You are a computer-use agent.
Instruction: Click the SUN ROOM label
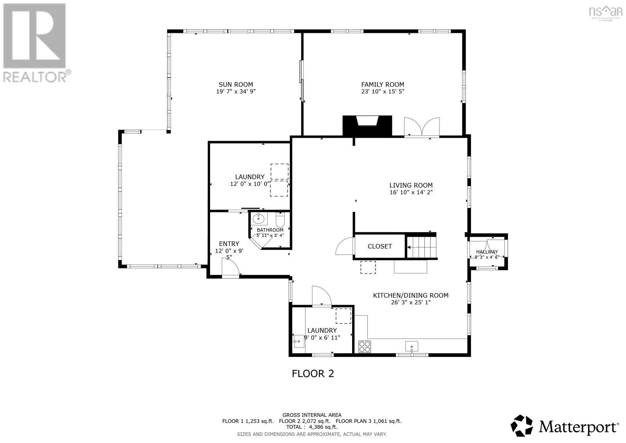(236, 84)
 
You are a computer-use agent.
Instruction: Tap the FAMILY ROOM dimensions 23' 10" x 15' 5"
(382, 92)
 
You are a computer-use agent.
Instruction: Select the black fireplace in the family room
(367, 125)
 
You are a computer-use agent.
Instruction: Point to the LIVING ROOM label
(411, 185)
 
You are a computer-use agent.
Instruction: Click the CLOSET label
(380, 246)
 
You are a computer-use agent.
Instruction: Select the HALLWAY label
(487, 252)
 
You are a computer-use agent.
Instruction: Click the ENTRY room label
(229, 244)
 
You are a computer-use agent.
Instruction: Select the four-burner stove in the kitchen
(365, 346)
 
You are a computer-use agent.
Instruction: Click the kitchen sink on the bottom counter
(412, 346)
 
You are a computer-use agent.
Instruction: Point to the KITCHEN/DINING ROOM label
(410, 295)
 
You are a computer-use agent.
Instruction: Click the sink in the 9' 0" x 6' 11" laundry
(299, 341)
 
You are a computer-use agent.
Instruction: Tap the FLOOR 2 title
(313, 373)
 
